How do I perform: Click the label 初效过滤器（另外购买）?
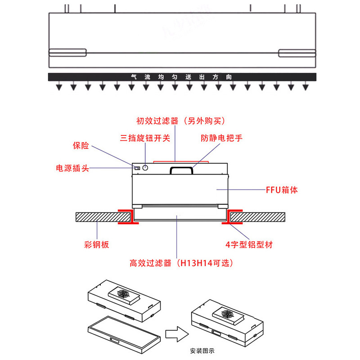coord(180,121)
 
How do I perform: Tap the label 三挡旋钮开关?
coord(145,138)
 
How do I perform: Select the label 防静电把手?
coord(221,138)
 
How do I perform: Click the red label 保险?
coord(81,146)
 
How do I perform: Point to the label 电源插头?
coord(72,168)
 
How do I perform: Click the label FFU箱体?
coord(282,190)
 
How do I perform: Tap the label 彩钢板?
coord(97,245)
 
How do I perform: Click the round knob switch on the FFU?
coord(146,168)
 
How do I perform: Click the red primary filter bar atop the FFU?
coord(180,161)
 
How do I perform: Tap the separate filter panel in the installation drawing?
coord(125,332)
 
